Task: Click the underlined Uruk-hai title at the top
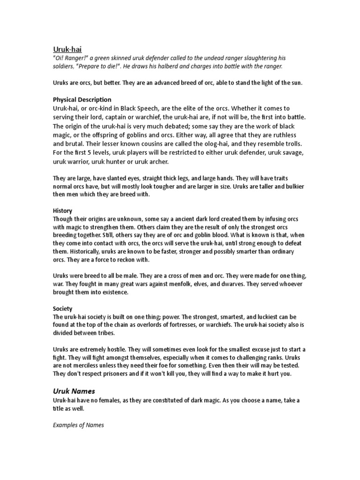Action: [68, 49]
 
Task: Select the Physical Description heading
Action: [82, 99]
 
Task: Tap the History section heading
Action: [62, 211]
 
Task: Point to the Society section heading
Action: [62, 308]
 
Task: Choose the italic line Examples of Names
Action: [78, 425]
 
